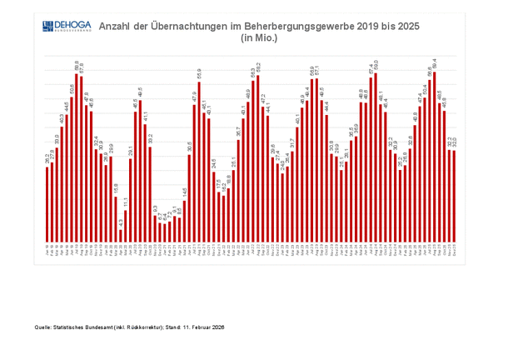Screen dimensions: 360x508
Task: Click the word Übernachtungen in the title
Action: [x=188, y=27]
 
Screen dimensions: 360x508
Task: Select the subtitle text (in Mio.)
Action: [x=258, y=38]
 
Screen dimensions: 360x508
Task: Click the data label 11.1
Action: [x=126, y=202]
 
